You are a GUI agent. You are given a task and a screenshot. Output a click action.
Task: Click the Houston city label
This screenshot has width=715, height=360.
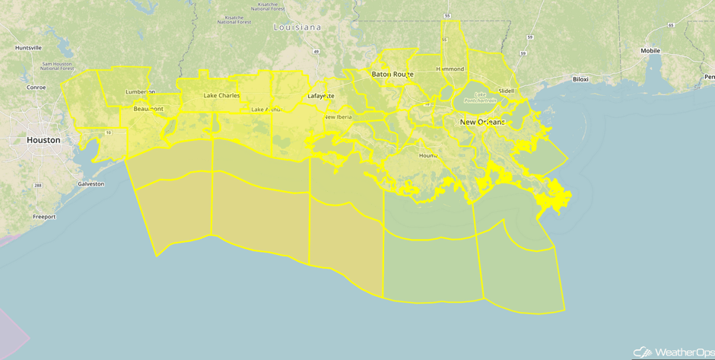point(43,140)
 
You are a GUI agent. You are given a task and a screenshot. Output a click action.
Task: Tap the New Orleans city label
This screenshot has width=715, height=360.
point(481,122)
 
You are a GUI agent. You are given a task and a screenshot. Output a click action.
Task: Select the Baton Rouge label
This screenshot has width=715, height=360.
point(392,74)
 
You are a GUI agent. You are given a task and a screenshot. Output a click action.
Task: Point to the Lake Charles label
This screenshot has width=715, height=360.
point(221,96)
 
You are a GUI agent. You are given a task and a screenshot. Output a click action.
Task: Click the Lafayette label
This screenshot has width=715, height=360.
point(320,96)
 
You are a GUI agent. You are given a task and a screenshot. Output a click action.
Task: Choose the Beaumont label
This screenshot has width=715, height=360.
point(148,109)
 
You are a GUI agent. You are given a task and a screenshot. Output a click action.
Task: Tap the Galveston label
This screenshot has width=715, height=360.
point(91,183)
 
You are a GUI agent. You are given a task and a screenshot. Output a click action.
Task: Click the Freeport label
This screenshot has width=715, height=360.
point(44,217)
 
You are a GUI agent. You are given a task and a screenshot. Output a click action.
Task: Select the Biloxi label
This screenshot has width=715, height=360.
point(581,79)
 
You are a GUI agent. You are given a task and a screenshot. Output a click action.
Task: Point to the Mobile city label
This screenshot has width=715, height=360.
point(650,51)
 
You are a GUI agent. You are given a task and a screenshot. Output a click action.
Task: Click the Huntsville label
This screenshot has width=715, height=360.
point(28,47)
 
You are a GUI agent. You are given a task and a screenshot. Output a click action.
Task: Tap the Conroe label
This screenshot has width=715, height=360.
point(36,87)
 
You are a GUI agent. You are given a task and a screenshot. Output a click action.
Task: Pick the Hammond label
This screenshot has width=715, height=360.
point(450,69)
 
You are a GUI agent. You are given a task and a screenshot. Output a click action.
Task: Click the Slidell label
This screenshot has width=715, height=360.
point(506,91)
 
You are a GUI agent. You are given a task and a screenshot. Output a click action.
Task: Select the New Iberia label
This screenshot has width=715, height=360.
point(338,116)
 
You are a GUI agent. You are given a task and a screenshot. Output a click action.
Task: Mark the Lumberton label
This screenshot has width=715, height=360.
point(140,91)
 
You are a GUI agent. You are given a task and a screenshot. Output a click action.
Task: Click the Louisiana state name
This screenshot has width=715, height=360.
point(297,27)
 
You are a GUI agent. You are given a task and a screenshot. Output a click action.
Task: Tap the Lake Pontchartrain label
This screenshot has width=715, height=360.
point(481,97)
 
